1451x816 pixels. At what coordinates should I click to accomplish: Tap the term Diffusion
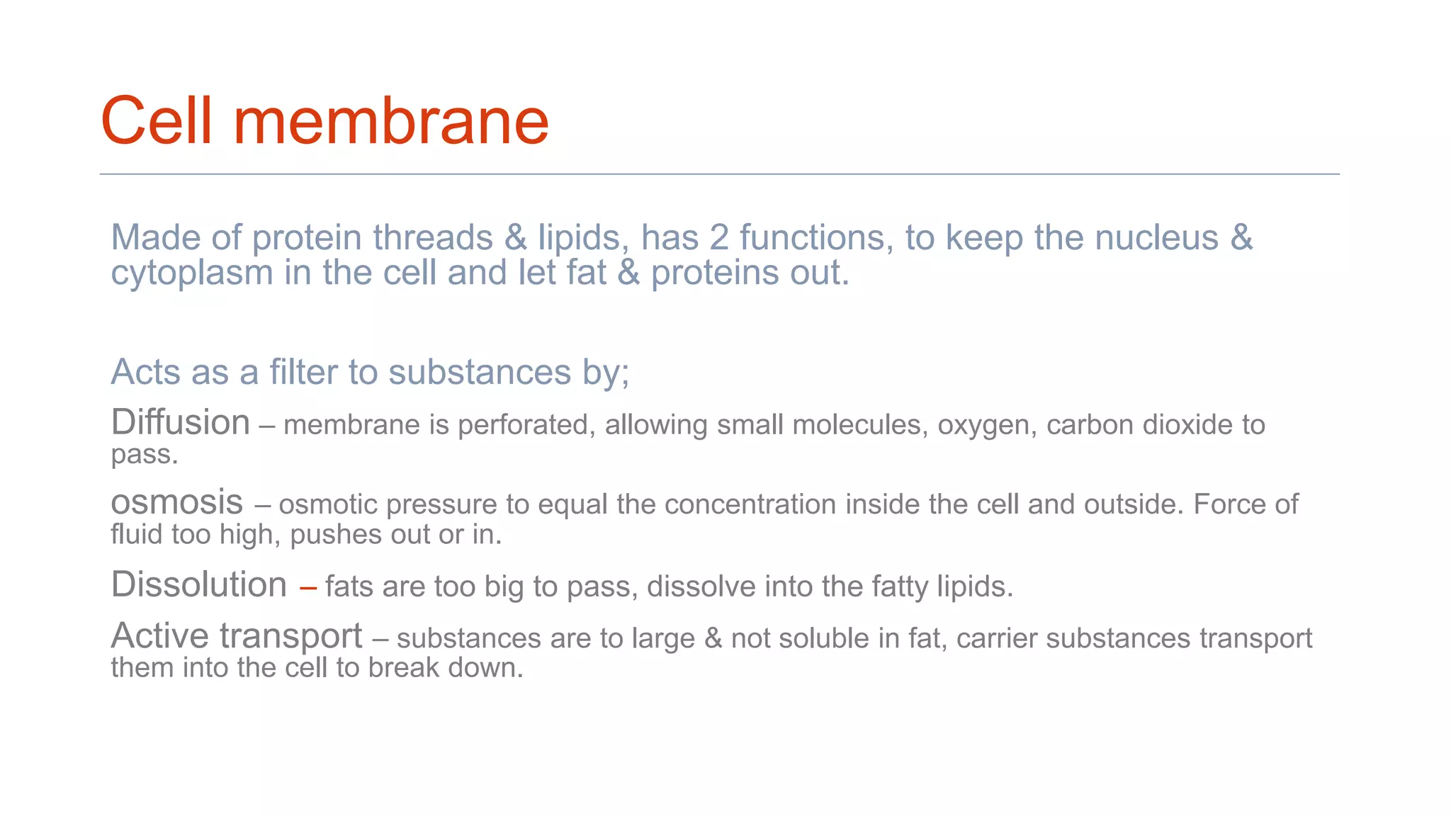181,422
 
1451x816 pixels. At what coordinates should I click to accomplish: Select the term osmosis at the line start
177,502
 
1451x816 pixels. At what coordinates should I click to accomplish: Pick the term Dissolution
199,585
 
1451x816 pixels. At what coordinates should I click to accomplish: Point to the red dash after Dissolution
307,587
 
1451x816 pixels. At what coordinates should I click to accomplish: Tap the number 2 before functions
719,237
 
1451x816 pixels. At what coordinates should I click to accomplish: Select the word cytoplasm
192,273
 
